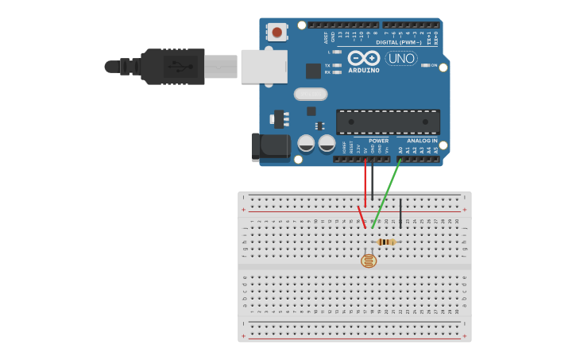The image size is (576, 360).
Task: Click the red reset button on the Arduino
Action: pos(276,32)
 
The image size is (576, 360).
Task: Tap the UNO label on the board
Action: pos(401,58)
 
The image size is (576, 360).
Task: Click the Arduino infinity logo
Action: pos(363,58)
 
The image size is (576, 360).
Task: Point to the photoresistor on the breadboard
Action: pos(369,260)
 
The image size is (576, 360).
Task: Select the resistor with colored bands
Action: pos(386,242)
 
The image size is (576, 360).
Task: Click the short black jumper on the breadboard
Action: pos(400,213)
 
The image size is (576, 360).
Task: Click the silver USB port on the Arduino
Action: pos(264,67)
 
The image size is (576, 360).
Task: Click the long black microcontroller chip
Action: pos(388,122)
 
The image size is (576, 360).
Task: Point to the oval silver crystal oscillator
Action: pos(311,94)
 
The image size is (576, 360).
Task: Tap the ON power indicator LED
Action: pos(425,65)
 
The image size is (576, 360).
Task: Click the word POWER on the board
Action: pos(378,141)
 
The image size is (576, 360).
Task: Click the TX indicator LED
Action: pos(338,65)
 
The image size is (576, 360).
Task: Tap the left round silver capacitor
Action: pos(306,143)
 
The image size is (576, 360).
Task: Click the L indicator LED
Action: pos(338,52)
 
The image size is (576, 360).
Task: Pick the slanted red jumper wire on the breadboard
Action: pos(361,217)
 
